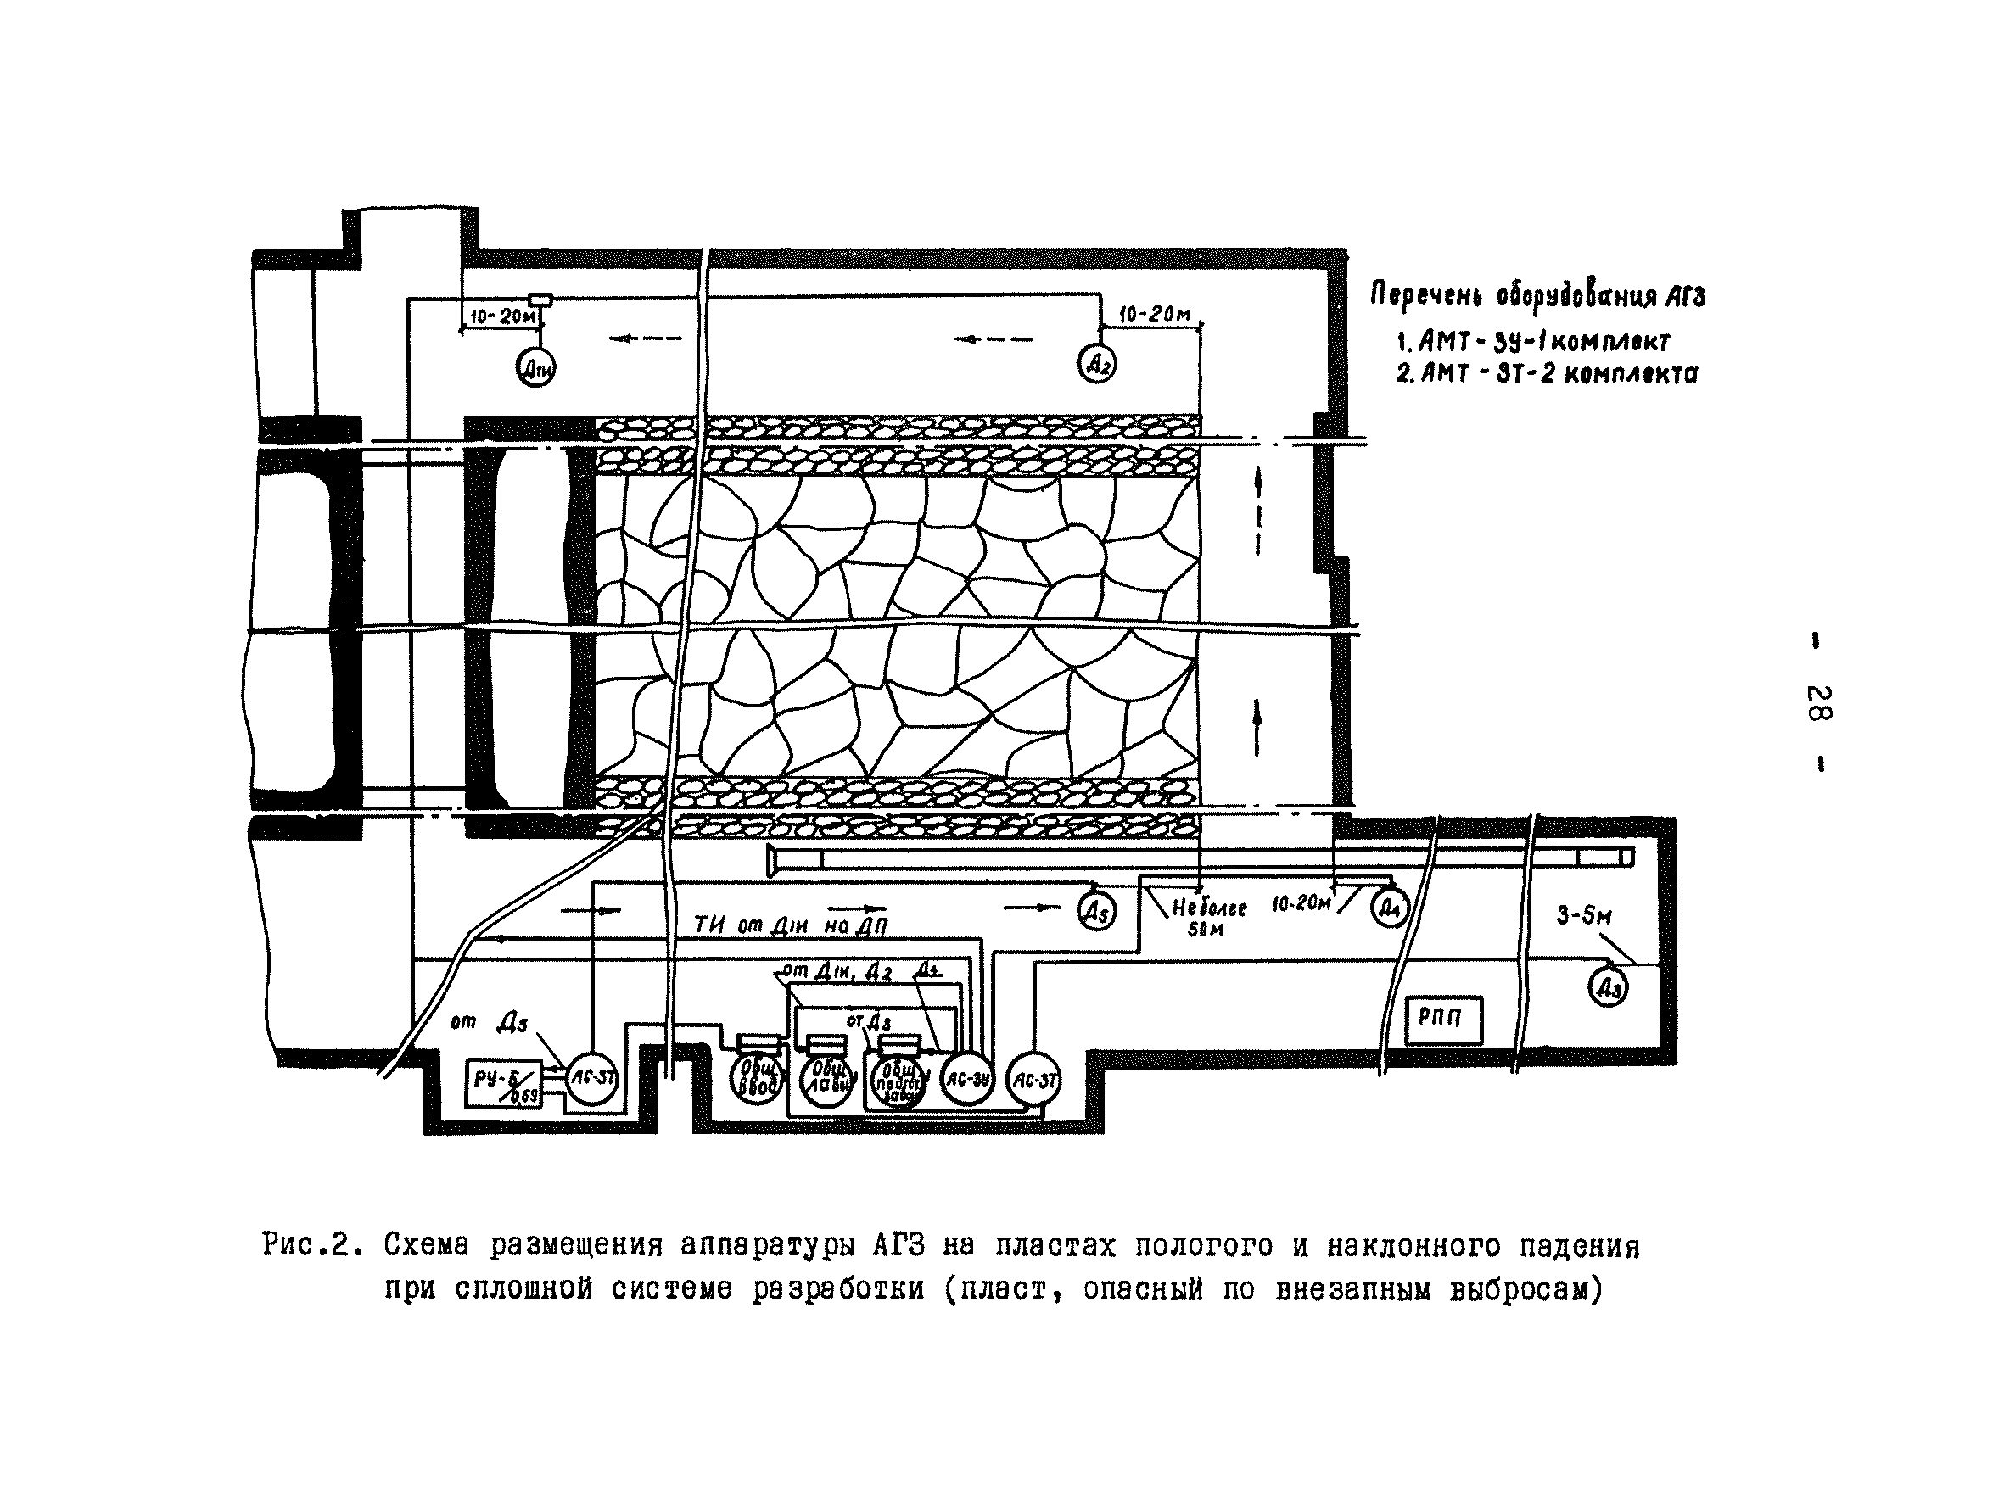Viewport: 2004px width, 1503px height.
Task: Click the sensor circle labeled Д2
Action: click(x=1096, y=364)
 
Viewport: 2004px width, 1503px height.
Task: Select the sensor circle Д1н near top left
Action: click(x=535, y=368)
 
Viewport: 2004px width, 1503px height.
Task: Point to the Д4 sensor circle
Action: click(x=1389, y=908)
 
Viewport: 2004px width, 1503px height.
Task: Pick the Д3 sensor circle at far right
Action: click(x=1608, y=987)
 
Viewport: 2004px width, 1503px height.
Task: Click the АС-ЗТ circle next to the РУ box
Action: click(x=592, y=1078)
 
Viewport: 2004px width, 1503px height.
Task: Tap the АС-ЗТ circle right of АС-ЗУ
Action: click(x=1033, y=1080)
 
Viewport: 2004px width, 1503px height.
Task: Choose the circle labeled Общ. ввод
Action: click(x=757, y=1078)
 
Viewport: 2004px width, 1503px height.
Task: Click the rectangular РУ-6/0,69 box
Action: click(x=504, y=1083)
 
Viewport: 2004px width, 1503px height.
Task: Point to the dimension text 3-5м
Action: click(x=1584, y=916)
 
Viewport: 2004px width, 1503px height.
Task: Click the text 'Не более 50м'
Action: click(x=1208, y=917)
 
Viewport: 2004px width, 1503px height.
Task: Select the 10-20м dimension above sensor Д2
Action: click(x=1154, y=315)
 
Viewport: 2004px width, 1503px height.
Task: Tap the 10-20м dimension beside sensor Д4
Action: click(x=1301, y=904)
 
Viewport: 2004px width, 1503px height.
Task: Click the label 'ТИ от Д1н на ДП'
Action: click(x=790, y=926)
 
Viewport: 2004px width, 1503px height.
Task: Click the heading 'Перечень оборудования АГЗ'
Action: click(x=1537, y=295)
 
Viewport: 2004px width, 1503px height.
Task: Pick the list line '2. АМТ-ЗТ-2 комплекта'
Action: click(x=1547, y=373)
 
